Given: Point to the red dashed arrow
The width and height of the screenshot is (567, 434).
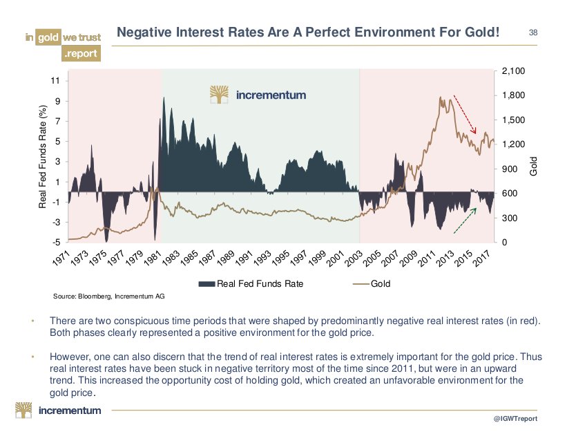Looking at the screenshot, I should pyautogui.click(x=465, y=115).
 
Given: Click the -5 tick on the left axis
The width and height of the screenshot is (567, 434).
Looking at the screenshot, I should pyautogui.click(x=55, y=243).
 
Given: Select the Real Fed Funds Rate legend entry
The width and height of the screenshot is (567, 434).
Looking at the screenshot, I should pyautogui.click(x=250, y=283).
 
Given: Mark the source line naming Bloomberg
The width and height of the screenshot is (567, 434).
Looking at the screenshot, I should pyautogui.click(x=109, y=296).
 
